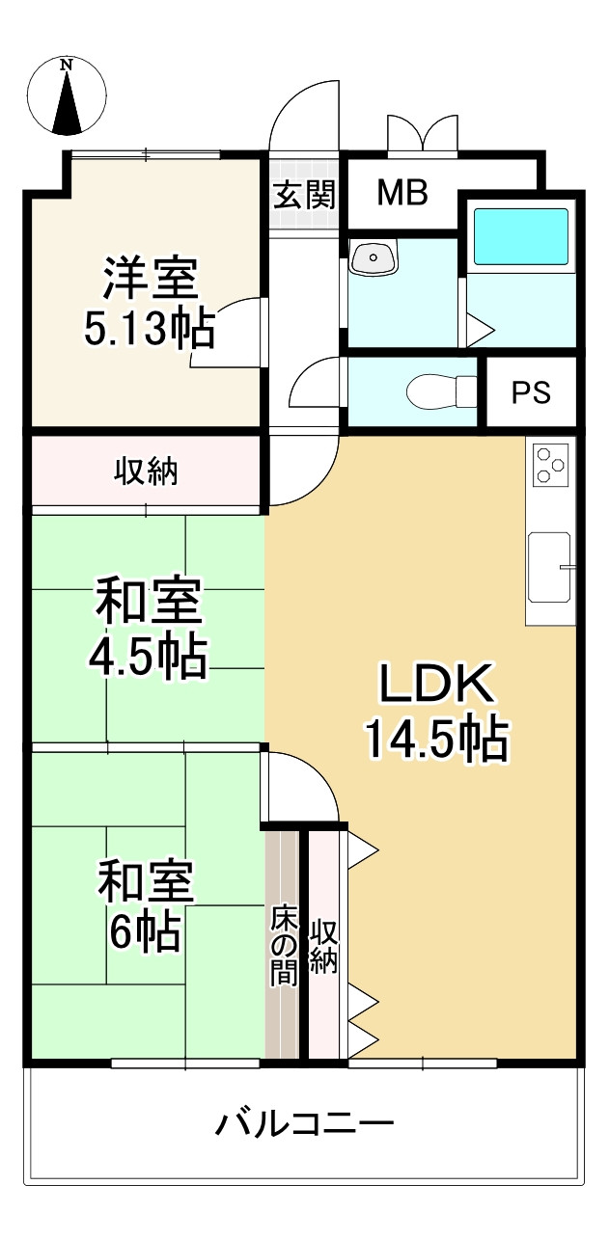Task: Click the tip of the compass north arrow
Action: coord(68,71)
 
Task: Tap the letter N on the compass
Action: coord(68,65)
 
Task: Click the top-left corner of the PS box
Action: coord(487,359)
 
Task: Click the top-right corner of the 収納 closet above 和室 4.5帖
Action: coord(261,437)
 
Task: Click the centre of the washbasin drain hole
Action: coord(374,257)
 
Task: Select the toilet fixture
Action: coord(441,392)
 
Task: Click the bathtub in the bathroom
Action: coord(520,236)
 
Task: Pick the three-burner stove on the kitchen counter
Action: coord(551,465)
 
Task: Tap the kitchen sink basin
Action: coord(549,568)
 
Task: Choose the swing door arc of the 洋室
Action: coord(227,332)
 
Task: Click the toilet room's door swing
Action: coord(317,382)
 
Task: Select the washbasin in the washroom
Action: coord(374,257)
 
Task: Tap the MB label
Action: coord(402,193)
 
